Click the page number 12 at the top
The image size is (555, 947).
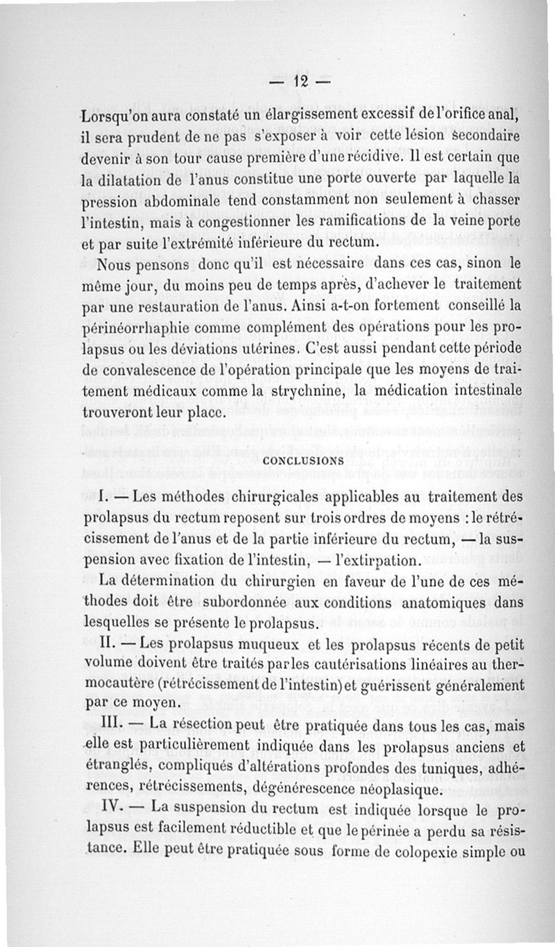(300, 80)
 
